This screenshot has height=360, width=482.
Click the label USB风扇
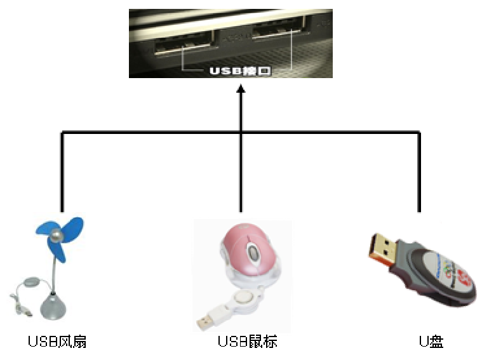tap(57, 342)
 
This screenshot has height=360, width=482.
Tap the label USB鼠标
tap(247, 342)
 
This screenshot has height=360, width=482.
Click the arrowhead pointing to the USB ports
tap(241, 92)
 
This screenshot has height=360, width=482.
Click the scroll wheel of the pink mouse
tap(253, 254)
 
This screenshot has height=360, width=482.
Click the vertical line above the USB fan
tap(62, 171)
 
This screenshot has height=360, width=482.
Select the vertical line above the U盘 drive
tap(419, 171)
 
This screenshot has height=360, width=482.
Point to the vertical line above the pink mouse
tap(241, 171)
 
